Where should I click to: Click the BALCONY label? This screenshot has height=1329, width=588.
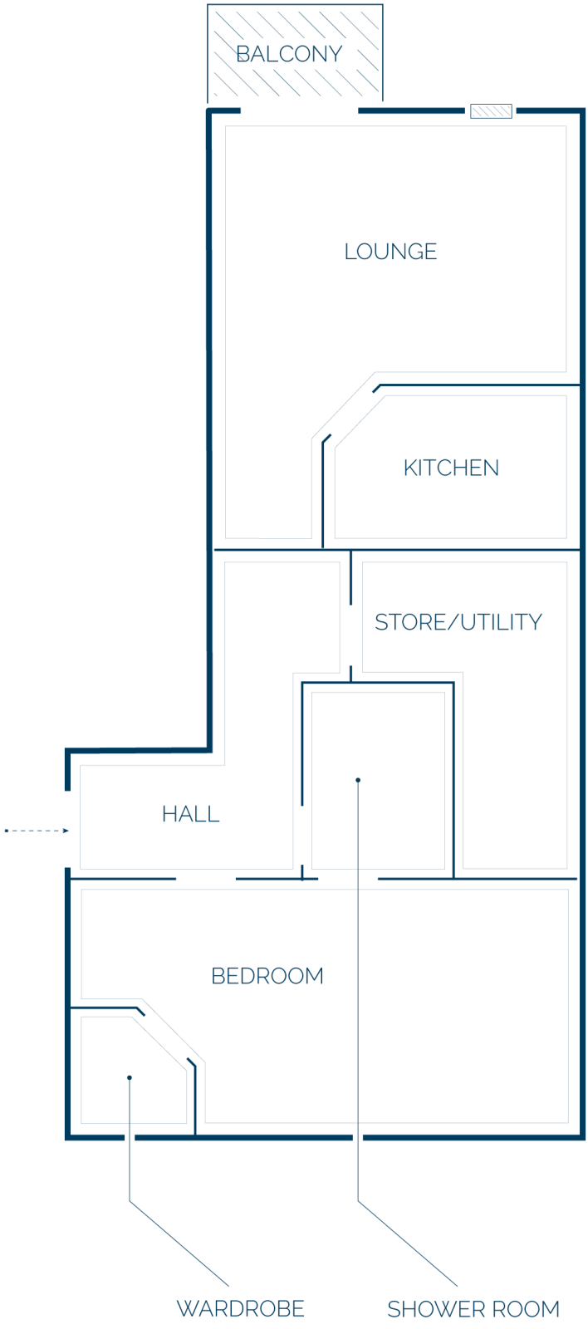pyautogui.click(x=289, y=54)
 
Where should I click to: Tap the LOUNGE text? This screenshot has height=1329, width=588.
pyautogui.click(x=390, y=252)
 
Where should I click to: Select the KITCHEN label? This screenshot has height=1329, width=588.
pyautogui.click(x=451, y=468)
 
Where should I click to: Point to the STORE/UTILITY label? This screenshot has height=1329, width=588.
pyautogui.click(x=458, y=622)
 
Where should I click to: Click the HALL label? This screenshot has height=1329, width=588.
pyautogui.click(x=190, y=814)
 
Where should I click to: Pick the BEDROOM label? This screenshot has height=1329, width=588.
pyautogui.click(x=267, y=976)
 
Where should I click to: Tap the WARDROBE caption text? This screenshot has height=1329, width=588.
pyautogui.click(x=240, y=1308)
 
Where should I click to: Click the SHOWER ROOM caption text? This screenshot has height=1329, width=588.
pyautogui.click(x=473, y=1309)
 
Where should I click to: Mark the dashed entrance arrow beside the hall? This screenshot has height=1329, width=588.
pyautogui.click(x=37, y=831)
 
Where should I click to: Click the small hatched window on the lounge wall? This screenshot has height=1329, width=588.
pyautogui.click(x=491, y=111)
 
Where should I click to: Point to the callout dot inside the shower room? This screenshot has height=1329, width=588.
pyautogui.click(x=358, y=780)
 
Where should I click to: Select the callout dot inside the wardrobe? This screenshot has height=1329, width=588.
pyautogui.click(x=130, y=1077)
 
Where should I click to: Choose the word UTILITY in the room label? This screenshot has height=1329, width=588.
pyautogui.click(x=502, y=622)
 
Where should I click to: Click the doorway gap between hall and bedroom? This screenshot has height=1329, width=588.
pyautogui.click(x=206, y=879)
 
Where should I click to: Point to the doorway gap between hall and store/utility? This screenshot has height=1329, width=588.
pyautogui.click(x=350, y=635)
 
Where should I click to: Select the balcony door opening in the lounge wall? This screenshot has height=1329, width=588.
pyautogui.click(x=300, y=111)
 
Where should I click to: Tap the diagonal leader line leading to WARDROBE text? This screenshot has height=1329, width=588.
pyautogui.click(x=179, y=1243)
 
